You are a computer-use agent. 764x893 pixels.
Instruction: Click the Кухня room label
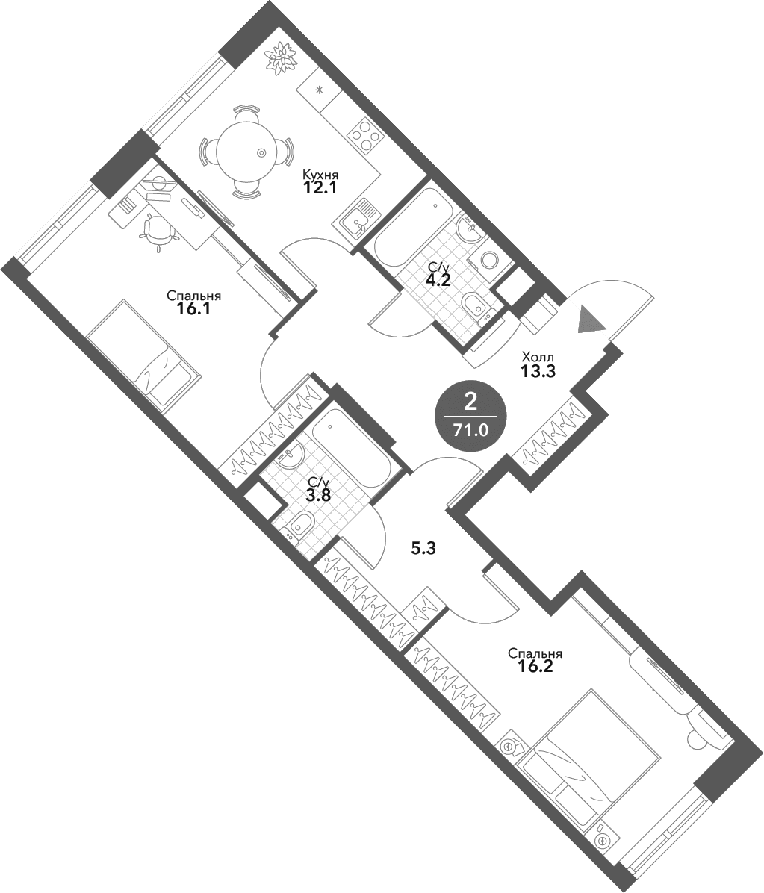(320, 175)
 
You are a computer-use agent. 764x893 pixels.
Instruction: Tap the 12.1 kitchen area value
(320, 188)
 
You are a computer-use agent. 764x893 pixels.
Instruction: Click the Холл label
(537, 358)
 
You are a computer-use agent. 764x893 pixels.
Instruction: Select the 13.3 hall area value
(537, 371)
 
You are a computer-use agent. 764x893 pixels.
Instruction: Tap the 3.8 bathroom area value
(318, 495)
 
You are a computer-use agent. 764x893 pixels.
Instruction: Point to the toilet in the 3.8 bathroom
(299, 524)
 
